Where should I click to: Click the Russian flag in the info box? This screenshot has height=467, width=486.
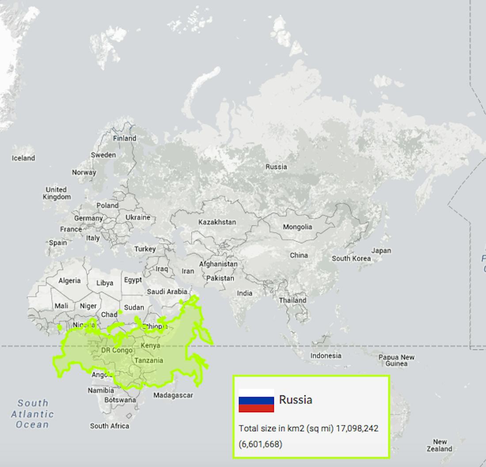pos(256,400)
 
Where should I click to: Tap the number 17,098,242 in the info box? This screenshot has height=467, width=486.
pos(357,429)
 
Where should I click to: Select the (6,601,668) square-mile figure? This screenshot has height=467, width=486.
pos(261,444)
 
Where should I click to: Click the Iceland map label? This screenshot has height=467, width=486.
pos(23,158)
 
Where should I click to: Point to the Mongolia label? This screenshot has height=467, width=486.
pos(297,227)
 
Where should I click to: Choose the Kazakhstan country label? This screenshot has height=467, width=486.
pos(217,222)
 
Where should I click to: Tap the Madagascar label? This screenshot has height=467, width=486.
pos(173,395)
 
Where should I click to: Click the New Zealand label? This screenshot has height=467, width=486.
pos(439,445)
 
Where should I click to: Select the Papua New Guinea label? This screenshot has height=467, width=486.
pos(396,360)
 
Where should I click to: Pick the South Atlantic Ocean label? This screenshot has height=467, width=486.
pos(32,414)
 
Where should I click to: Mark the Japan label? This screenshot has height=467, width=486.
pos(381,250)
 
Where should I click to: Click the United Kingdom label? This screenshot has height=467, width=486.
pos(57,193)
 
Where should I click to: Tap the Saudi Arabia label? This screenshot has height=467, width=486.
pos(167,292)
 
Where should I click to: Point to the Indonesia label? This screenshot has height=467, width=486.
pos(326,355)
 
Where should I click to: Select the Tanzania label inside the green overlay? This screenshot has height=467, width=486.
pos(148,360)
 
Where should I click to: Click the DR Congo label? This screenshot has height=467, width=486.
pos(117,350)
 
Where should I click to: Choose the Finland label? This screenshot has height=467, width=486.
pos(125,138)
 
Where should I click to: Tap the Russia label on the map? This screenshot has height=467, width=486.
pos(276,167)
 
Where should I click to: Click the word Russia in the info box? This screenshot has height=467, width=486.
pos(296,399)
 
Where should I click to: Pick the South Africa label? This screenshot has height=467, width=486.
pos(110,426)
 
